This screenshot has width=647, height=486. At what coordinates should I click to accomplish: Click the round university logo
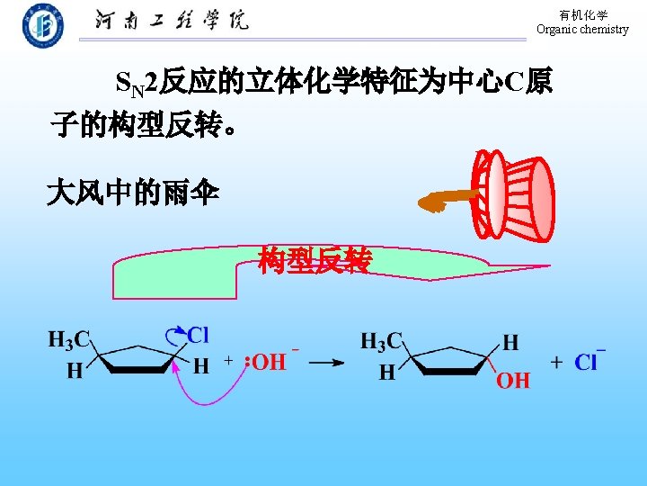42,26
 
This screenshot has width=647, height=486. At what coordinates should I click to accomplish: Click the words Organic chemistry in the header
582,30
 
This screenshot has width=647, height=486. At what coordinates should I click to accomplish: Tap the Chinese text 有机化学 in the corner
583,15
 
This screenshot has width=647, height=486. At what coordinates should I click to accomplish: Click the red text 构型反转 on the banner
314,260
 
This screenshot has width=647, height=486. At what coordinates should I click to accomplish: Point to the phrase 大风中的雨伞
132,193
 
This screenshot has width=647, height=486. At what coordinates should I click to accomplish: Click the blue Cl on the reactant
199,336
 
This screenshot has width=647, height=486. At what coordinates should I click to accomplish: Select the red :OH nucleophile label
265,362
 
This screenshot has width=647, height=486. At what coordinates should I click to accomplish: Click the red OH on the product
513,380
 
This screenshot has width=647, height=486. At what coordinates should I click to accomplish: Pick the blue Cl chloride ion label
586,362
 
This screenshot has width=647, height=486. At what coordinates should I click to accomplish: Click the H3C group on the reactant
68,340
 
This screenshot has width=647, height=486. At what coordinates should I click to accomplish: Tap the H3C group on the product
381,342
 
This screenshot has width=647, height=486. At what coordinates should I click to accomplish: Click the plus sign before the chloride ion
557,362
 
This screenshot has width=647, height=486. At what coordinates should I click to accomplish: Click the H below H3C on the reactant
75,370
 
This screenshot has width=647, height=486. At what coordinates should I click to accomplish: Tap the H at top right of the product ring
510,342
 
